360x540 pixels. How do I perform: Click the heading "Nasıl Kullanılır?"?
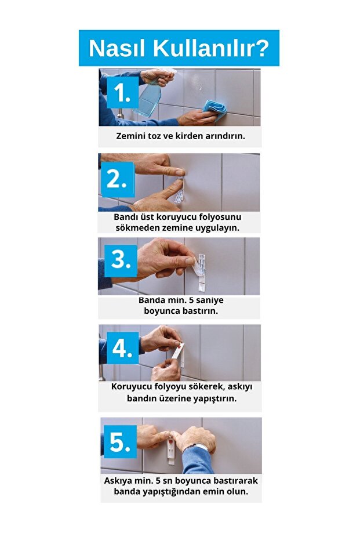click(x=179, y=48)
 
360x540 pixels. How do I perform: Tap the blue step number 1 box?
click(x=122, y=93)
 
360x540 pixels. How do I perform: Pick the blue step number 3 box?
click(x=120, y=260)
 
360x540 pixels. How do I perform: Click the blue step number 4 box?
click(x=122, y=348)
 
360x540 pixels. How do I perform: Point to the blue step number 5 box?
click(x=119, y=442)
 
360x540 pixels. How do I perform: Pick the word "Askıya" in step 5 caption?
click(x=119, y=481)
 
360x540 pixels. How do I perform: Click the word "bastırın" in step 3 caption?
click(x=198, y=311)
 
